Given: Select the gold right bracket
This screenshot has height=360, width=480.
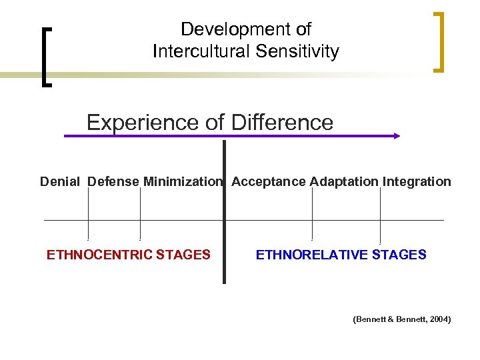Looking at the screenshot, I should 438,41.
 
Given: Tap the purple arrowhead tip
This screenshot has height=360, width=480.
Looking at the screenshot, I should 398,136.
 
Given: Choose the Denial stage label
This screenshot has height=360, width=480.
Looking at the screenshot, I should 60,181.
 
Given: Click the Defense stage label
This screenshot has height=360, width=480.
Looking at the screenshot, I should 113,181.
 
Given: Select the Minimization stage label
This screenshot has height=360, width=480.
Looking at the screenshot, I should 182,181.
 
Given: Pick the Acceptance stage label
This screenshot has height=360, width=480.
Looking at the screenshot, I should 269,181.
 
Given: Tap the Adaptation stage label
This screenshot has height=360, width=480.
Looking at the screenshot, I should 344,181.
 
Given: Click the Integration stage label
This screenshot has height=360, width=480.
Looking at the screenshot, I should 417,181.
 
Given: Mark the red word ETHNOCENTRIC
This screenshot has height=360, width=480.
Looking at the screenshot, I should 99,255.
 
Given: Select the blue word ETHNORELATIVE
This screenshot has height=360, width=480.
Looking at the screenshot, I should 312,255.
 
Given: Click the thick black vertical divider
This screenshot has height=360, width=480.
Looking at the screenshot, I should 224,213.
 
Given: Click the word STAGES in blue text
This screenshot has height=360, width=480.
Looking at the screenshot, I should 399,255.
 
